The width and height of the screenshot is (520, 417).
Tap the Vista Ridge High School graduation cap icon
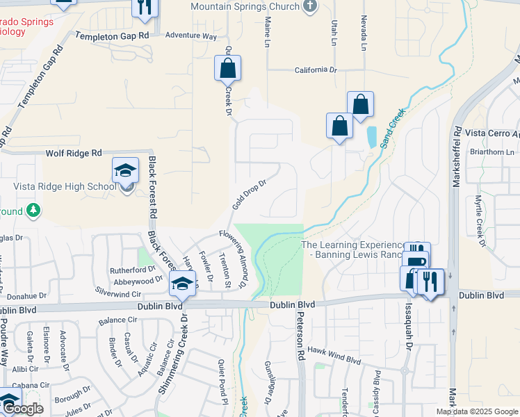[126, 170]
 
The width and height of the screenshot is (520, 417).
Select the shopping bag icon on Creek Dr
[227, 68]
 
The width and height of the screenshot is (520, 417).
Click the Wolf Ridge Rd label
[74, 153]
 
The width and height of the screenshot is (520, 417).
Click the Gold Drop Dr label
[250, 195]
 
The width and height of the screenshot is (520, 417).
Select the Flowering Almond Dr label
[233, 259]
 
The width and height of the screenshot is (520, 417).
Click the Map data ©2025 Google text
[477, 411]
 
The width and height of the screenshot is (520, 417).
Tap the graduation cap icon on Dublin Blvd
[182, 283]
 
